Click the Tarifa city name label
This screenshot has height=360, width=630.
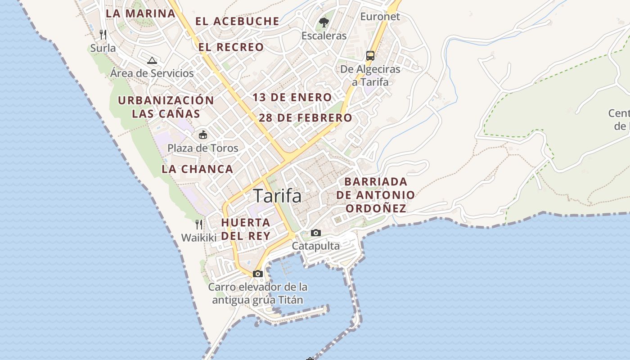pyautogui.click(x=277, y=196)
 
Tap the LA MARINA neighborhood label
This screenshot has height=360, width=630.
pyautogui.click(x=140, y=13)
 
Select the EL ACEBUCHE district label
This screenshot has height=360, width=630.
pyautogui.click(x=237, y=21)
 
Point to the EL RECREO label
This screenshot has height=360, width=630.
pyautogui.click(x=231, y=47)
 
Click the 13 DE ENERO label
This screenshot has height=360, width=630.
pyautogui.click(x=292, y=98)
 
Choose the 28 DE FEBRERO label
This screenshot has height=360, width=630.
pyautogui.click(x=306, y=118)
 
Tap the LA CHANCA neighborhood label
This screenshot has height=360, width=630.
pyautogui.click(x=198, y=169)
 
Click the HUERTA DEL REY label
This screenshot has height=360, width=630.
pyautogui.click(x=246, y=229)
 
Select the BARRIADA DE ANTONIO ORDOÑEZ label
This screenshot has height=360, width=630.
pyautogui.click(x=375, y=195)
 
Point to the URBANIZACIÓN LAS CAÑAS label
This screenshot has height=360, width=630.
pyautogui.click(x=166, y=107)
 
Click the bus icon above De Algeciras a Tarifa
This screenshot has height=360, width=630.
pyautogui.click(x=370, y=56)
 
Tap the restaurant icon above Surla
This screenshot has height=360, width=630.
pyautogui.click(x=103, y=34)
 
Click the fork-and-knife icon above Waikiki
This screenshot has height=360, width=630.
pyautogui.click(x=199, y=224)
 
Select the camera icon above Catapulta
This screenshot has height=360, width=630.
pyautogui.click(x=316, y=233)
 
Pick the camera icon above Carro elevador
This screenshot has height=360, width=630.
pyautogui.click(x=258, y=274)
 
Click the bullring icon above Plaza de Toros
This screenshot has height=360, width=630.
pyautogui.click(x=203, y=135)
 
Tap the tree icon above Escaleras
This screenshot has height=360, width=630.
pyautogui.click(x=324, y=22)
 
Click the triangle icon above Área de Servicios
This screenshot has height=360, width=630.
pyautogui.click(x=152, y=60)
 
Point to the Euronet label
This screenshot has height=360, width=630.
pyautogui.click(x=380, y=17)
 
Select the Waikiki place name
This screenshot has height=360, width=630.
pyautogui.click(x=199, y=237)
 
